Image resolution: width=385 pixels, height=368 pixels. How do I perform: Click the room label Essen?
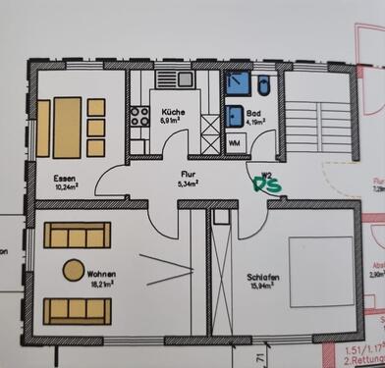66,178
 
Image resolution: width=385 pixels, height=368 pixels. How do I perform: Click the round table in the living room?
73,269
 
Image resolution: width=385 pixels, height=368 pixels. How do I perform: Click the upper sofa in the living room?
76,236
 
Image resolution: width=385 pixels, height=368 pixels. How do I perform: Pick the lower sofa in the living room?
76,311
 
